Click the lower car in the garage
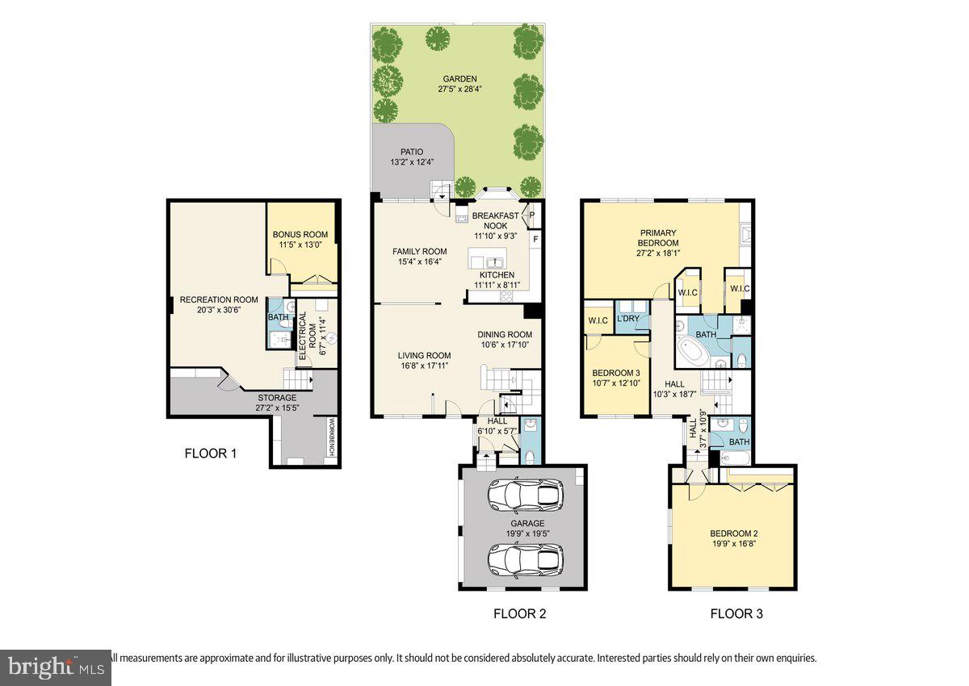[x=525, y=558]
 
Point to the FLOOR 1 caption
[x=211, y=454]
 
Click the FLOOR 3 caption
[x=736, y=613]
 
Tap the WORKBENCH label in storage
[x=331, y=438]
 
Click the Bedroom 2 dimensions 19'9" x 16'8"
[x=733, y=544]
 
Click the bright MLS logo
[x=54, y=667]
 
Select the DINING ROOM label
[x=505, y=335]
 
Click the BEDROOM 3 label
[x=616, y=373]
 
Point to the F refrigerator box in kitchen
[x=535, y=240]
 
